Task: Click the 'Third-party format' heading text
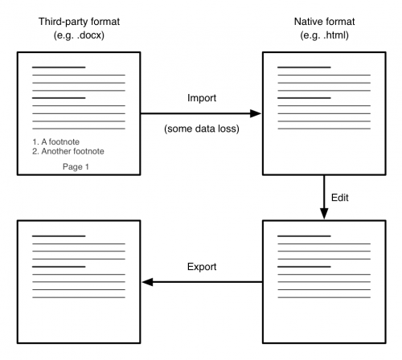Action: tap(79, 22)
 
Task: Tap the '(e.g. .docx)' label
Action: tap(79, 35)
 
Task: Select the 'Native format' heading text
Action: tap(324, 22)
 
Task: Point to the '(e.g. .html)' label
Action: tap(324, 35)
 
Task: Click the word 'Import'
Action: tap(202, 98)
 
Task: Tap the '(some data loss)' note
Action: tap(202, 129)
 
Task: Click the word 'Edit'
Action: tap(340, 198)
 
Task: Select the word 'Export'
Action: tap(202, 267)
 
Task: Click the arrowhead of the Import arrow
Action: tap(256, 113)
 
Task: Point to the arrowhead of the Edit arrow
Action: tap(324, 214)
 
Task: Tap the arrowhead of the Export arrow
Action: tap(147, 282)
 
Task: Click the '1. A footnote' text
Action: tap(56, 141)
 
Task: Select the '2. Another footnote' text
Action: tap(68, 151)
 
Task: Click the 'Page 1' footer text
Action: tap(76, 167)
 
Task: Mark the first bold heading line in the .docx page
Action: tap(59, 67)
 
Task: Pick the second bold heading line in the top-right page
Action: tap(304, 98)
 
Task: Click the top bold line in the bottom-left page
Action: tap(59, 236)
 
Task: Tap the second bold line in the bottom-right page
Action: tap(304, 267)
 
